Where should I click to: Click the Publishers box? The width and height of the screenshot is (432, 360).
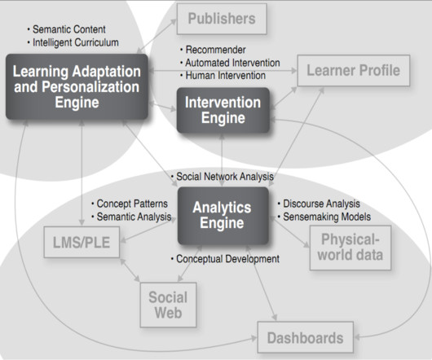click(222, 19)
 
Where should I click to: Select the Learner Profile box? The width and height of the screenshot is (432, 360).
click(354, 71)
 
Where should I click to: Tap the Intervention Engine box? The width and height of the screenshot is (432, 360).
click(223, 110)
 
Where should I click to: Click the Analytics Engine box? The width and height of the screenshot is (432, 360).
click(223, 216)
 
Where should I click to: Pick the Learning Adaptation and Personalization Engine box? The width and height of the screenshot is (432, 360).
click(77, 86)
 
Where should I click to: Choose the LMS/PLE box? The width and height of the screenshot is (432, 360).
click(82, 242)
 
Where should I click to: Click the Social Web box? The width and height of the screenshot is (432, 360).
click(168, 305)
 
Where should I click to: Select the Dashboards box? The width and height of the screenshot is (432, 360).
click(306, 337)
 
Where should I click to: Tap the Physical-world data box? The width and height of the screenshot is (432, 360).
click(350, 248)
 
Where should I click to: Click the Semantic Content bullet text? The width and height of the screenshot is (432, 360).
click(66, 29)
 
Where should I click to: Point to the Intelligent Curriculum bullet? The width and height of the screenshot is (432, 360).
click(73, 42)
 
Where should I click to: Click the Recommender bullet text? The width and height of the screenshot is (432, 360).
click(213, 50)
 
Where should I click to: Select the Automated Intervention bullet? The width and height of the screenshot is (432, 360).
click(230, 63)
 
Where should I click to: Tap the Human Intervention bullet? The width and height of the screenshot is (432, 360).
click(223, 76)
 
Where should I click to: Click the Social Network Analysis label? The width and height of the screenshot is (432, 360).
click(222, 177)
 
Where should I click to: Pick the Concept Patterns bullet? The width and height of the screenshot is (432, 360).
click(130, 204)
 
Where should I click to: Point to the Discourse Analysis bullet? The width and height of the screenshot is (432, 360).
click(319, 204)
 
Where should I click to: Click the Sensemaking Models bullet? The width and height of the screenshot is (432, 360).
click(324, 217)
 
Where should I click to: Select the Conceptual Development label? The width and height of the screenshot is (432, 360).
click(225, 259)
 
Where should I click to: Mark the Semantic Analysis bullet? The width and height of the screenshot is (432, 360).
click(131, 217)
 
